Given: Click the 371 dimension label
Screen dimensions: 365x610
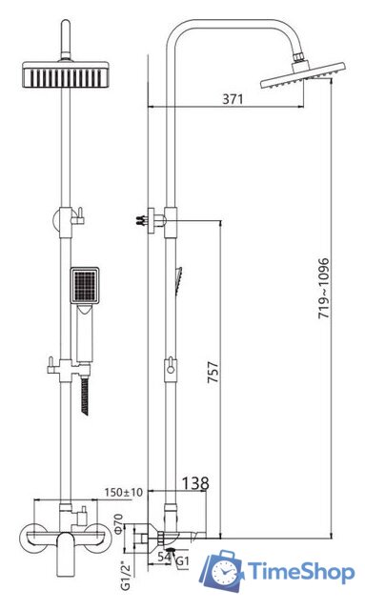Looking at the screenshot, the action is point(233,99).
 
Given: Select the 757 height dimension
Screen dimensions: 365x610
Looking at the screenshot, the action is point(213,373).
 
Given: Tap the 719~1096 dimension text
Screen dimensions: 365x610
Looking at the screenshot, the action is point(324,288).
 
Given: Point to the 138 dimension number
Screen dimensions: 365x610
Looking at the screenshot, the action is point(195,483).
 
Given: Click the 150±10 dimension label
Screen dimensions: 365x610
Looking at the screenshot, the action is point(123,492).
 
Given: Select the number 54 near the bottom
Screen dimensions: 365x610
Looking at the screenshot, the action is point(164,557).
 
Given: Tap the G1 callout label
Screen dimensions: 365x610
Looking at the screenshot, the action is point(183,561).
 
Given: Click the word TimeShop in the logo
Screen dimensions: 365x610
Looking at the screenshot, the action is point(301,571).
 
